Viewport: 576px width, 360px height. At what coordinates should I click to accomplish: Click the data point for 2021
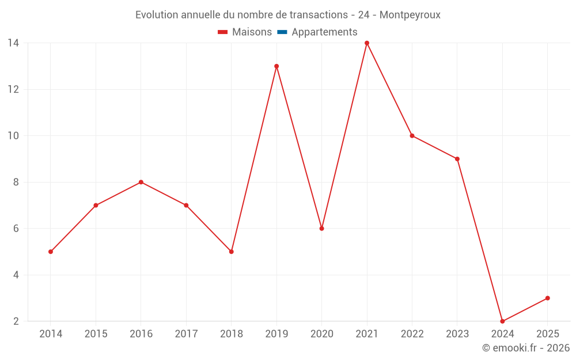click(x=367, y=43)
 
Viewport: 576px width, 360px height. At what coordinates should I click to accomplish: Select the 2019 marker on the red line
click(x=276, y=66)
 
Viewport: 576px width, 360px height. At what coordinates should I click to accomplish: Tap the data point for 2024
click(x=502, y=321)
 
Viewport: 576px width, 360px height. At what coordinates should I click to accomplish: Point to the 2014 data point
click(x=51, y=252)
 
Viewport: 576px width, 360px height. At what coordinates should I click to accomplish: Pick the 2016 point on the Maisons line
click(x=141, y=182)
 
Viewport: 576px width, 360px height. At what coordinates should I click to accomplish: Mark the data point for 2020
click(x=322, y=229)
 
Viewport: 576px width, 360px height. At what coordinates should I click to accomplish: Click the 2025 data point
click(x=547, y=298)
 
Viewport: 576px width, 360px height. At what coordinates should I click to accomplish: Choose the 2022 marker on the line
click(x=412, y=136)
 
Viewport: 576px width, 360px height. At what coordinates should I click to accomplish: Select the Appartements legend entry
click(x=324, y=32)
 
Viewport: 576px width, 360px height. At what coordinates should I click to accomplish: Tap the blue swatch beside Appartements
click(x=282, y=32)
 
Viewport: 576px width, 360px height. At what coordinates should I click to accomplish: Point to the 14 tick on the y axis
click(x=13, y=43)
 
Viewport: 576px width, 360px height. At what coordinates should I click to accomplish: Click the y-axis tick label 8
click(x=16, y=182)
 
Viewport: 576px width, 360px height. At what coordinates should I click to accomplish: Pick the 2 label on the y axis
click(x=16, y=321)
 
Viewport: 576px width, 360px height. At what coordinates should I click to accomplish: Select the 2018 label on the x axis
click(x=231, y=334)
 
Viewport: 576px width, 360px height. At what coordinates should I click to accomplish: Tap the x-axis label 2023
click(x=457, y=334)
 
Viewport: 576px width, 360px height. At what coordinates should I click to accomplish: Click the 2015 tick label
click(x=96, y=334)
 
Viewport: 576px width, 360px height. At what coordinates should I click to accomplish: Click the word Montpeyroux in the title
click(x=410, y=15)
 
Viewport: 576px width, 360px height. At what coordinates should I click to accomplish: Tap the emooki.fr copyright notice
click(x=526, y=348)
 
